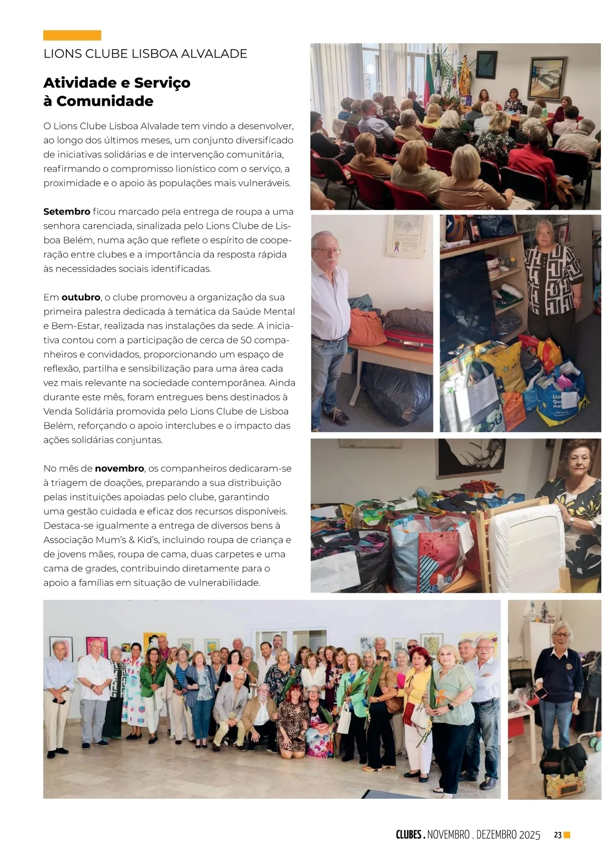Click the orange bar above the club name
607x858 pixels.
coord(72,35)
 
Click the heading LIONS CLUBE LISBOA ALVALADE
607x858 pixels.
coord(145,54)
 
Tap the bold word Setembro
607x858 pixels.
coord(67,211)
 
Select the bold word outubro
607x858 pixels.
coord(81,297)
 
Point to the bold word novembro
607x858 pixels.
coord(119,468)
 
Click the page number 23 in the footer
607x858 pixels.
coord(557,835)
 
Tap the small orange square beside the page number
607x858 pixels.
coord(567,835)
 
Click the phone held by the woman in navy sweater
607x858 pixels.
coord(542,693)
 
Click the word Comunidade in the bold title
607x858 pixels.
coord(105,101)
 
